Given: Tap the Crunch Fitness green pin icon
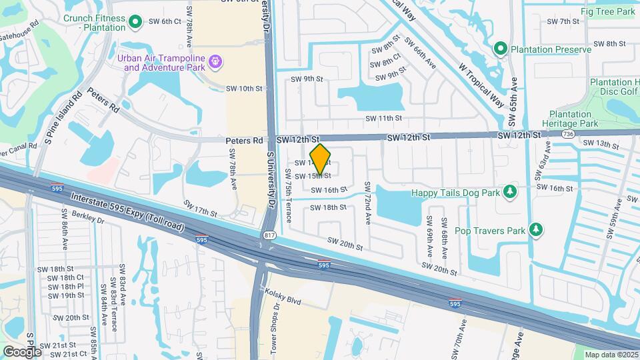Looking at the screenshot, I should [136, 23].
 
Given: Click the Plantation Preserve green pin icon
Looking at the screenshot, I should [501, 49].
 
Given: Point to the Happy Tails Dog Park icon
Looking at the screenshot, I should [511, 192].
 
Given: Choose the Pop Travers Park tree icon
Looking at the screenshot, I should [535, 231].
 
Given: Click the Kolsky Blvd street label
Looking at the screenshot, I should [283, 297].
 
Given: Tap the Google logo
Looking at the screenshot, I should [21, 351].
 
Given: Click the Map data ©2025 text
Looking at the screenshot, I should [611, 355].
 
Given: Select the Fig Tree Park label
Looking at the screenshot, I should [607, 11].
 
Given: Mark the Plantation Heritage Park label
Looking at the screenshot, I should [573, 119].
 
